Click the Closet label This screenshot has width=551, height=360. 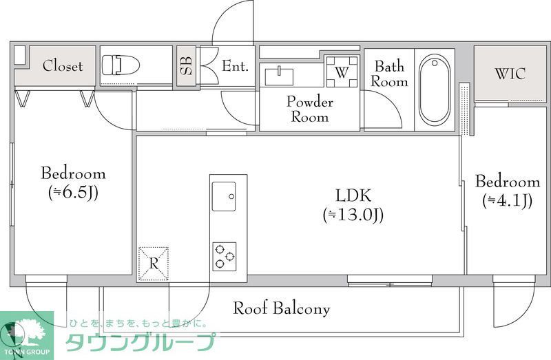coord(62,66)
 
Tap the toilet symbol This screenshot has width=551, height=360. coord(120,65)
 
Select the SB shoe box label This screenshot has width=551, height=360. coord(186,66)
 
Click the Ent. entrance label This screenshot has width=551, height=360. coord(234,66)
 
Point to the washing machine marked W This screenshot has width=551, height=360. coord(342,72)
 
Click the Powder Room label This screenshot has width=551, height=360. coord(309,109)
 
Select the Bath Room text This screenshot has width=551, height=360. coord(391,74)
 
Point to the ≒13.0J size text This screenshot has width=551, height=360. coord(353,215)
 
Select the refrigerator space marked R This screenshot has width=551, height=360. coord(154,263)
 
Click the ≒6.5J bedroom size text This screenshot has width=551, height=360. coord(72,193)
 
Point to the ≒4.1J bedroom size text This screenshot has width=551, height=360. coord(507,201)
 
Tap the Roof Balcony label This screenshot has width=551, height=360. coord(281,308)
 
